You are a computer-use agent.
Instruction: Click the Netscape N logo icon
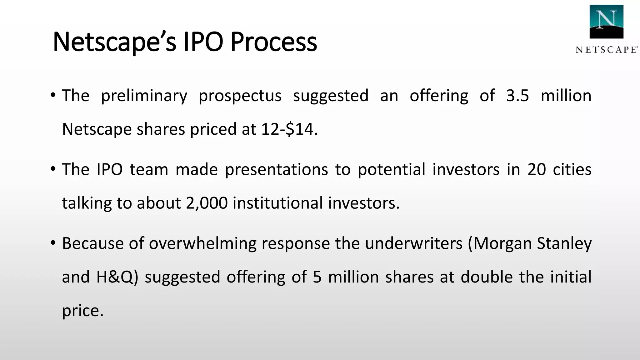point(606,22)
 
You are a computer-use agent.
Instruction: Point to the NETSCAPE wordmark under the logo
point(606,50)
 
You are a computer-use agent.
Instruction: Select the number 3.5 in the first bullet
point(517,96)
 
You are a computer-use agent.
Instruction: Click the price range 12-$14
point(287,129)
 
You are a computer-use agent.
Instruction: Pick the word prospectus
point(240,96)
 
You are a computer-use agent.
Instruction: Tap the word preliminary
point(144,96)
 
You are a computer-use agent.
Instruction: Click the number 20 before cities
point(537,169)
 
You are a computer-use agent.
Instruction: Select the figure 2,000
point(207,203)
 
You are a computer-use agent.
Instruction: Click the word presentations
point(276,169)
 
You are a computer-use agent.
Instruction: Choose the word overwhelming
point(202,243)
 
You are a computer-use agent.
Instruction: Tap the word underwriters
point(413,243)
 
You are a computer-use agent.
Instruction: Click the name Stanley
point(564,243)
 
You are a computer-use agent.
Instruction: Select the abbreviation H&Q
point(115,277)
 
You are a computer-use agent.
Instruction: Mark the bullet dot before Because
point(53,242)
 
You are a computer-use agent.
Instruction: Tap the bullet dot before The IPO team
point(53,169)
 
